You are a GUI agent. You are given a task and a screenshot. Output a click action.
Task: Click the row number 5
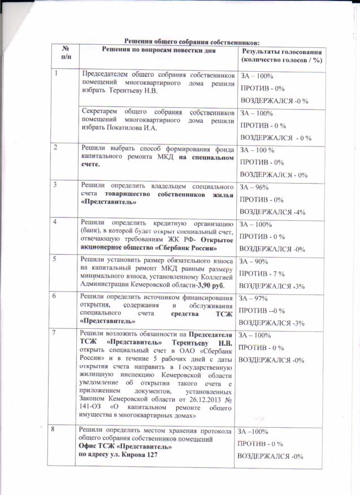tap(55, 259)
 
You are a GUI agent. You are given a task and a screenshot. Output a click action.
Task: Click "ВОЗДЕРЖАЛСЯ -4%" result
tap(273, 212)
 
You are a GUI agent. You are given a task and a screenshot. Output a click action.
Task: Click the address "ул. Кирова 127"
tap(132, 454)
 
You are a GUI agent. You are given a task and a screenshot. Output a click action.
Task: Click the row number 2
tap(55, 148)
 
